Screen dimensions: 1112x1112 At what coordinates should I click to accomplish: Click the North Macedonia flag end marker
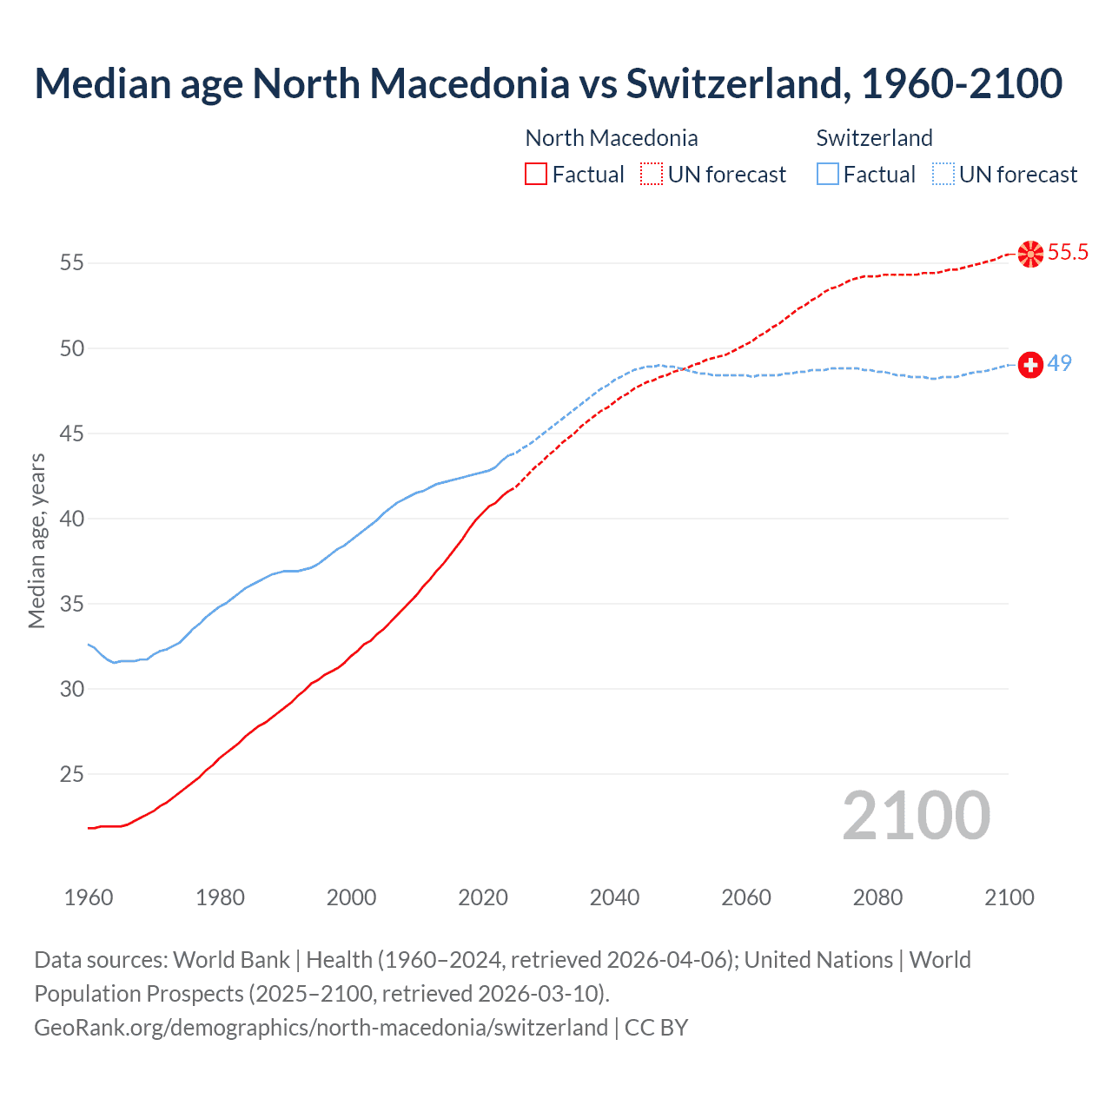point(1030,254)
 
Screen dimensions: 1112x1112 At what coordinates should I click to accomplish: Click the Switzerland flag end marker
point(1030,365)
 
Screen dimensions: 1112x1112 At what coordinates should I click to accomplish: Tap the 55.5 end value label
point(1068,253)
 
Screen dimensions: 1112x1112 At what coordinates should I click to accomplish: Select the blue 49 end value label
point(1059,363)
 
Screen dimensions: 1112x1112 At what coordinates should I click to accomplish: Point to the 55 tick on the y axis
point(72,262)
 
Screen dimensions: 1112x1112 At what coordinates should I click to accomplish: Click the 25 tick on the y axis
point(72,773)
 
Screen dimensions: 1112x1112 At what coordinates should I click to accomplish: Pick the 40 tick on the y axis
point(72,519)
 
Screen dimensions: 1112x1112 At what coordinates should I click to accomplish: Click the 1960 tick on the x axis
point(89,897)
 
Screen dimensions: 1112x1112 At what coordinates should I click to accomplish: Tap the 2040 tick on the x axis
point(614,897)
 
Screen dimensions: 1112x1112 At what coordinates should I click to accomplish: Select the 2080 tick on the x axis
point(877,897)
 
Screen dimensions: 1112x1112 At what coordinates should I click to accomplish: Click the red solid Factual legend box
point(536,175)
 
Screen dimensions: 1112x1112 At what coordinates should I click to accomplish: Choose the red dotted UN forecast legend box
point(652,175)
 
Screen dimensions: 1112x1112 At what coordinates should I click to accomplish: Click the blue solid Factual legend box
point(828,175)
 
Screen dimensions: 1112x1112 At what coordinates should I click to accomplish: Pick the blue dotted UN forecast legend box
point(943,175)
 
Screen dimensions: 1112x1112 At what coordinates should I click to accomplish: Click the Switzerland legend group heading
point(874,138)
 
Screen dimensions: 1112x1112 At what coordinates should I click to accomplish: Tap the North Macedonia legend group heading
point(612,138)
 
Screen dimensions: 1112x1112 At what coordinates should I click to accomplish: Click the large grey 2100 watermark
point(917,816)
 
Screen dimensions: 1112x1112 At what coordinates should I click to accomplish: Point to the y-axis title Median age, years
point(36,540)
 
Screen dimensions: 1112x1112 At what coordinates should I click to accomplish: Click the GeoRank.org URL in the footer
point(321,1028)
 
